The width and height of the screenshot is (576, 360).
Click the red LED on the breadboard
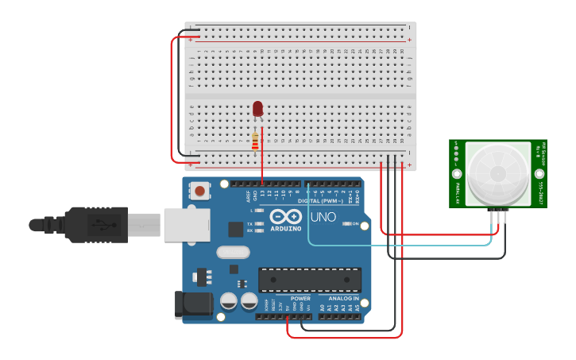point(257,109)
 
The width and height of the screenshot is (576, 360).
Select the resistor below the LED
point(255,141)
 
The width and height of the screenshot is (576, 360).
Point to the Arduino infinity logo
point(285,216)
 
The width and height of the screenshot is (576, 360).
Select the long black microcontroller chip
point(309,280)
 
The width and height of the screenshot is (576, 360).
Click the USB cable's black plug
point(95,224)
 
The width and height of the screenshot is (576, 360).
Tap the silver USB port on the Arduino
point(186,224)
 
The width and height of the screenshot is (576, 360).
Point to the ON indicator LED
point(347,224)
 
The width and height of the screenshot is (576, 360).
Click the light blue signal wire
point(397,245)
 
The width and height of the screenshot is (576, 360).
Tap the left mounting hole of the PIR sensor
point(457,173)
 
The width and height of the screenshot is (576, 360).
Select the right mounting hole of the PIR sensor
point(539,173)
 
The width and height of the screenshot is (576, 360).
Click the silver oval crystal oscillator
point(232,252)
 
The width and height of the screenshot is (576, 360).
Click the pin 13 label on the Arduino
point(261,193)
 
